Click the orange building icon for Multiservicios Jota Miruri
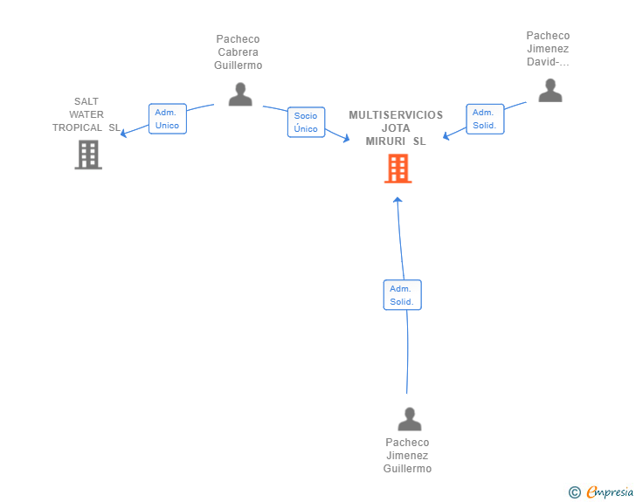click(x=397, y=168)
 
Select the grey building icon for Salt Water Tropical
click(x=88, y=155)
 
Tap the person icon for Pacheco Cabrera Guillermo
click(x=240, y=94)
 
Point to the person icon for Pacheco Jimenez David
click(x=550, y=91)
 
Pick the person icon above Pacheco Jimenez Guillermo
click(x=409, y=419)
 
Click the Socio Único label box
click(x=306, y=122)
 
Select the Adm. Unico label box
click(x=167, y=119)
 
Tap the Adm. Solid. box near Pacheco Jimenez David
click(x=485, y=119)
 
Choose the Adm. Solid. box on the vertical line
click(x=402, y=295)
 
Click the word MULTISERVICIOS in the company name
click(x=396, y=115)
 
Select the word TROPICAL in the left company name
click(x=77, y=127)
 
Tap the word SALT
click(x=86, y=101)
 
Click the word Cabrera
click(x=238, y=52)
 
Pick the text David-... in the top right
click(x=548, y=62)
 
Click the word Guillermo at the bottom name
click(x=407, y=469)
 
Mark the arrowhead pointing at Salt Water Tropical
click(x=123, y=134)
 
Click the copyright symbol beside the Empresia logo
click(x=574, y=492)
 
